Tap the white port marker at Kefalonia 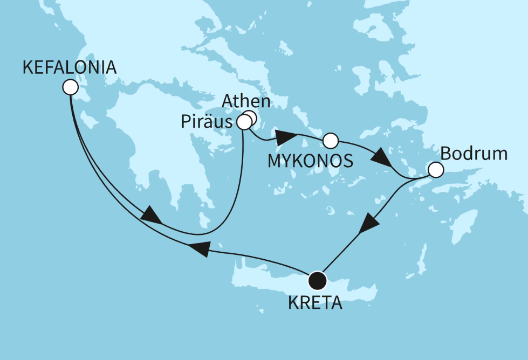(70, 87)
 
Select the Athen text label (246, 101)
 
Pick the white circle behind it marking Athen (251, 117)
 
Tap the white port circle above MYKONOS (330, 141)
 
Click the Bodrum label (474, 154)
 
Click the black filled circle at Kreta (317, 280)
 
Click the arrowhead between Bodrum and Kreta (368, 222)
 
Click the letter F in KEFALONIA (47, 67)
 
